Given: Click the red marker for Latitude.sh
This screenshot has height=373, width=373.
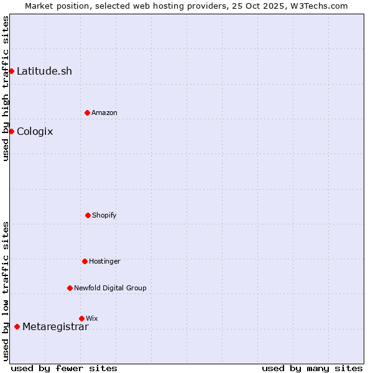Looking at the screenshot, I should coord(11,71).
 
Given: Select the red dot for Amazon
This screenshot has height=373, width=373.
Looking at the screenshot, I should coord(87,113).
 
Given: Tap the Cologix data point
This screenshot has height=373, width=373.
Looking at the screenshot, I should coord(11,131).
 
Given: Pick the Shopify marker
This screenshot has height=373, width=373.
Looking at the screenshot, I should coord(88,215).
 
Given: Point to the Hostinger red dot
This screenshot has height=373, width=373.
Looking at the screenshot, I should coord(85,261).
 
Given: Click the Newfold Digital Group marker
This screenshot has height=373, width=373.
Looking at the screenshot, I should coord(70,288).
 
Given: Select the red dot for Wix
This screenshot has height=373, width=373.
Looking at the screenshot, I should coord(81,318).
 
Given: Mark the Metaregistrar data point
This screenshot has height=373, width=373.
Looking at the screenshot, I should coord(17,327).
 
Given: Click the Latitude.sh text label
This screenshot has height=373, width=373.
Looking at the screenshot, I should coord(44,71).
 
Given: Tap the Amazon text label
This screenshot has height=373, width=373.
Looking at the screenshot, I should coord(104,113).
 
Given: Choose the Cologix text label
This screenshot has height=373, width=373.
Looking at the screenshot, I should coord(35,131).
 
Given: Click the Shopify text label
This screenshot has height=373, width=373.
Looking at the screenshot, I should coord(104,215).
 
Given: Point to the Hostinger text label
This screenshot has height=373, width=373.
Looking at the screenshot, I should coord(104,261).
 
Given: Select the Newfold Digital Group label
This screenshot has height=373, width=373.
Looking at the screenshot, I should coord(110,288).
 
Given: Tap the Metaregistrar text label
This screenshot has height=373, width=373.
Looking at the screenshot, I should coord(55,327).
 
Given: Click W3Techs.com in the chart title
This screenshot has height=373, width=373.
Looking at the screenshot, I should coord(316,6).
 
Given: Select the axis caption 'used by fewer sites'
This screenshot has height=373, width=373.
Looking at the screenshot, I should coord(64,368).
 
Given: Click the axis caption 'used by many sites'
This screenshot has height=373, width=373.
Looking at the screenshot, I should coord(312,368).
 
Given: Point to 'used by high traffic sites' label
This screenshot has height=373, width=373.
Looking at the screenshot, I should coord(6,88).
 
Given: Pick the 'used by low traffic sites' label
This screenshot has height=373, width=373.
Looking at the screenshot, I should coord(6,290).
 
